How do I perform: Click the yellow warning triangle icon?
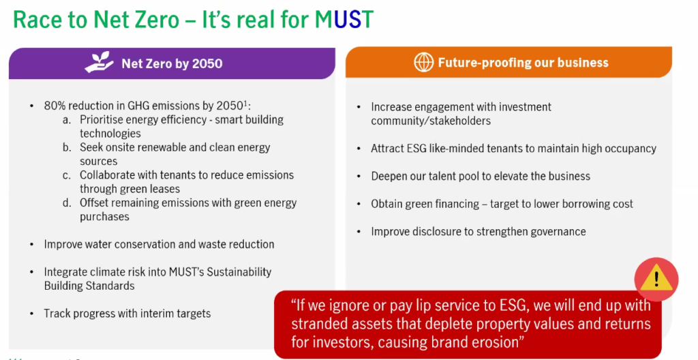656,280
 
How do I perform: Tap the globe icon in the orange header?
423,62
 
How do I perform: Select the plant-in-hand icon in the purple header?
100,63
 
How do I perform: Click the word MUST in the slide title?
344,20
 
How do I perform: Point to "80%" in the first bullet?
55,106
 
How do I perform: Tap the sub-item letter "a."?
67,120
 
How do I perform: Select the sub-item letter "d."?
67,203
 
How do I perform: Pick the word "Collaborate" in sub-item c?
106,175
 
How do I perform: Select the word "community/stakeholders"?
431,121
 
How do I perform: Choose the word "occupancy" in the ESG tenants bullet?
631,149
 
